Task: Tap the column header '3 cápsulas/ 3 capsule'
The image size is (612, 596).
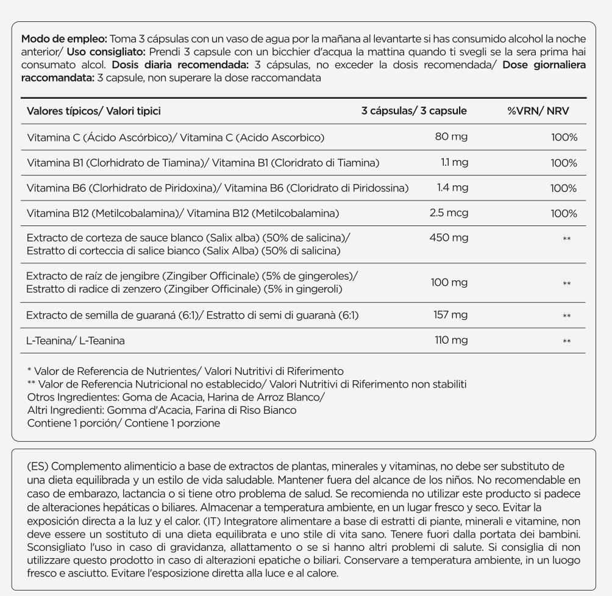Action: pyautogui.click(x=414, y=111)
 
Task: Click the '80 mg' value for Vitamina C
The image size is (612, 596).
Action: pyautogui.click(x=451, y=137)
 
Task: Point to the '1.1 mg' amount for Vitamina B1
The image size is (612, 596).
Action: pyautogui.click(x=454, y=163)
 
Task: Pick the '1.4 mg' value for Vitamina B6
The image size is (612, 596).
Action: pyautogui.click(x=452, y=188)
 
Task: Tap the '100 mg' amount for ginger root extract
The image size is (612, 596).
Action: pyautogui.click(x=450, y=282)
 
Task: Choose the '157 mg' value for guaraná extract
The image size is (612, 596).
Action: pyautogui.click(x=451, y=315)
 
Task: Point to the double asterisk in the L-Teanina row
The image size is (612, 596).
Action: pyautogui.click(x=567, y=341)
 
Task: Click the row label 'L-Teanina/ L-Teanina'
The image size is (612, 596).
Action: pyautogui.click(x=76, y=341)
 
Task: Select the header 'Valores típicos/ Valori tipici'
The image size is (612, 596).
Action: pyautogui.click(x=94, y=111)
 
